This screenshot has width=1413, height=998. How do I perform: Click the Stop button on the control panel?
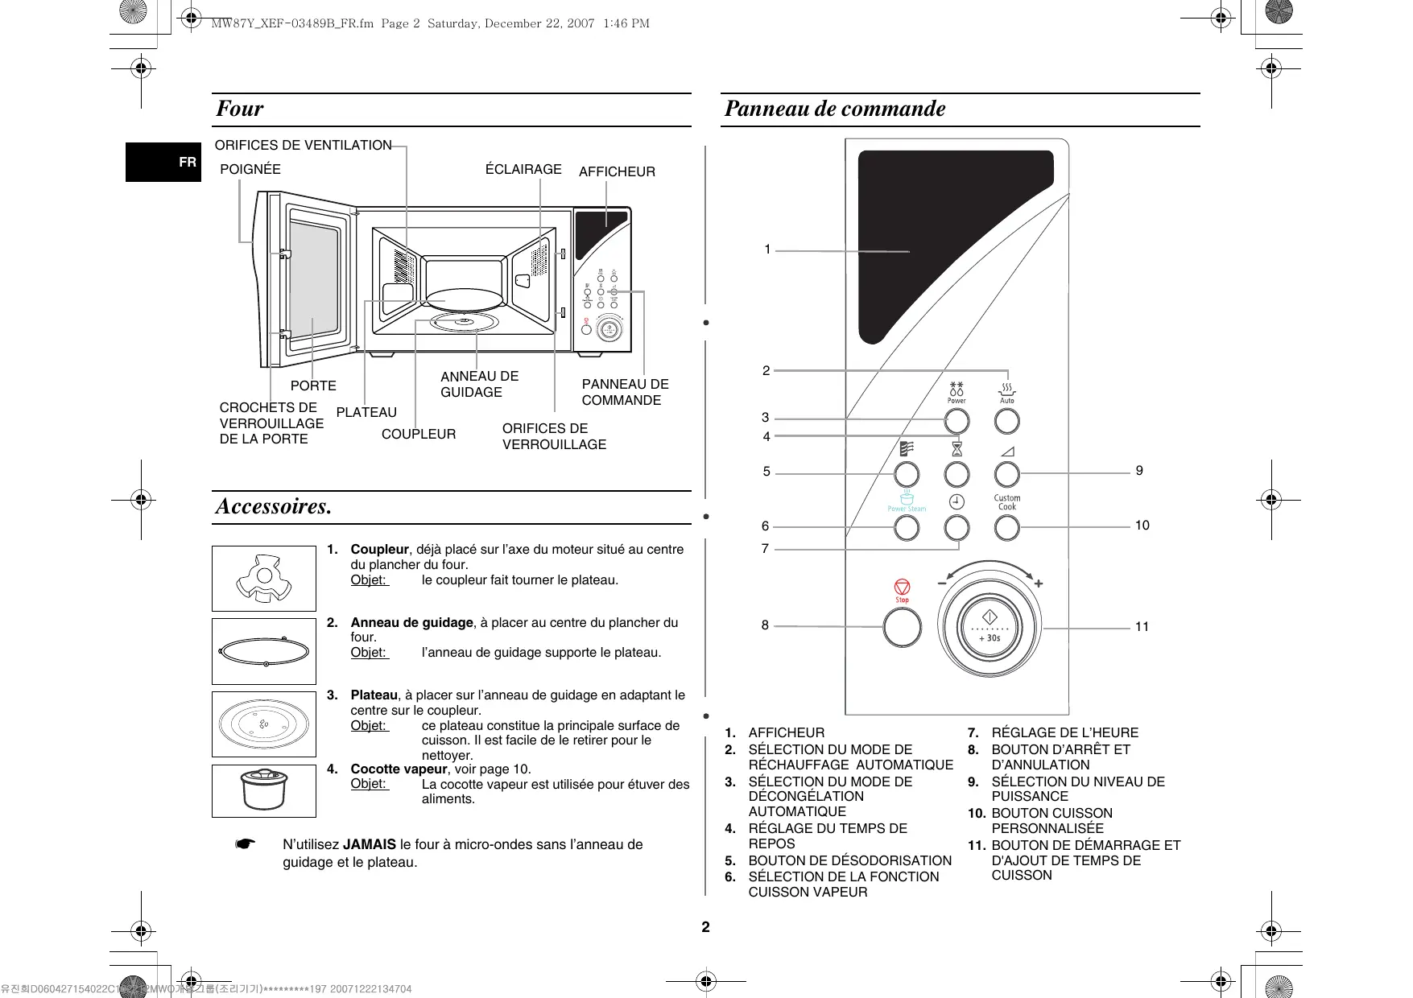tap(902, 627)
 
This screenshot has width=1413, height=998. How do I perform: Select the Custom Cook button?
tap(1006, 528)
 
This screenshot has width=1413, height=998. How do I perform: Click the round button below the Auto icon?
tap(1006, 421)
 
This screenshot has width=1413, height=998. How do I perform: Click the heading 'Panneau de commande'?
tap(835, 109)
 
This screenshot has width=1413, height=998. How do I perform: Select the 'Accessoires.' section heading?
tap(274, 507)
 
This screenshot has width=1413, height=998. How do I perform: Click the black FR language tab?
tap(163, 162)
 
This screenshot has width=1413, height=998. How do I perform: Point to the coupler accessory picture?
tap(264, 579)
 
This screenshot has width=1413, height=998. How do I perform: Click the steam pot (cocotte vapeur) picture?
tap(264, 790)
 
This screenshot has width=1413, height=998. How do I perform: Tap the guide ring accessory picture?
tap(264, 651)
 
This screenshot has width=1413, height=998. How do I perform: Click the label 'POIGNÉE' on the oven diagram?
tap(250, 170)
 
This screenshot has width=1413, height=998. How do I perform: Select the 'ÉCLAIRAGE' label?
tap(523, 169)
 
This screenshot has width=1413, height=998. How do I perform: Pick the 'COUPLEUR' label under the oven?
tap(419, 435)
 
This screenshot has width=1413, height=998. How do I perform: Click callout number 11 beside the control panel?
tap(1142, 627)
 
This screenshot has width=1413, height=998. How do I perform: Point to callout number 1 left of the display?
tap(767, 249)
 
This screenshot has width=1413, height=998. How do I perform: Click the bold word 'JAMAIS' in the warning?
tap(370, 845)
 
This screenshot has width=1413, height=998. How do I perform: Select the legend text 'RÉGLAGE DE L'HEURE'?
tap(1064, 732)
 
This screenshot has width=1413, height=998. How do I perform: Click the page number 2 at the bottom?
tap(706, 927)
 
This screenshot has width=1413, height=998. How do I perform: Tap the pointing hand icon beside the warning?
tap(246, 844)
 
